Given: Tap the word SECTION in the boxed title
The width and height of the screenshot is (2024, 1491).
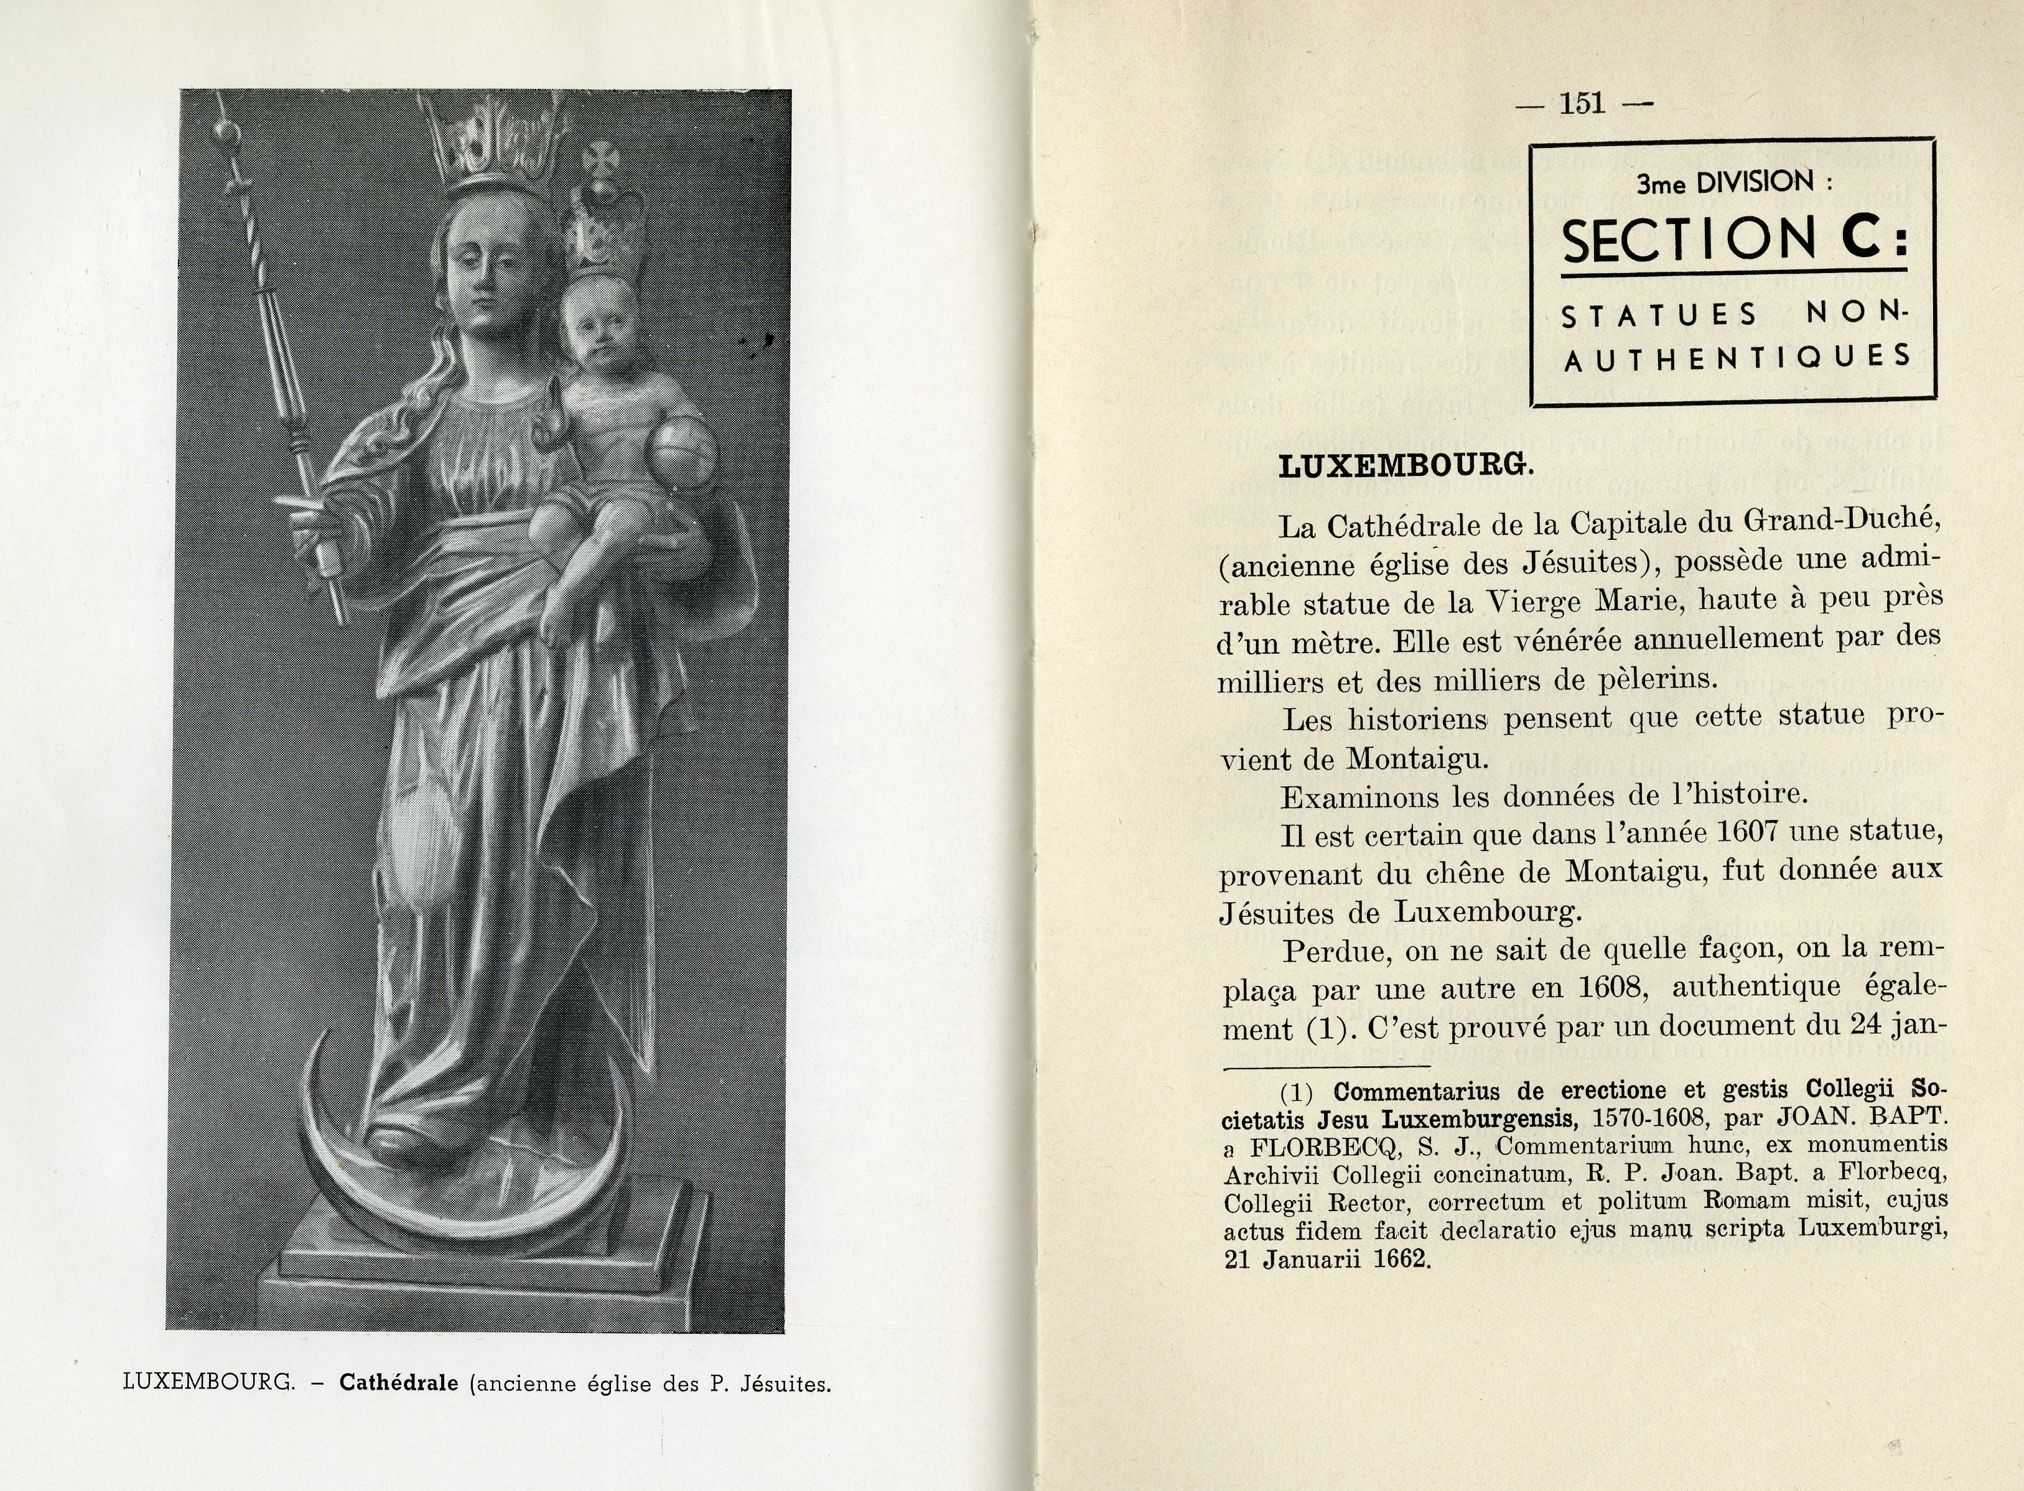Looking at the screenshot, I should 1686,241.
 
